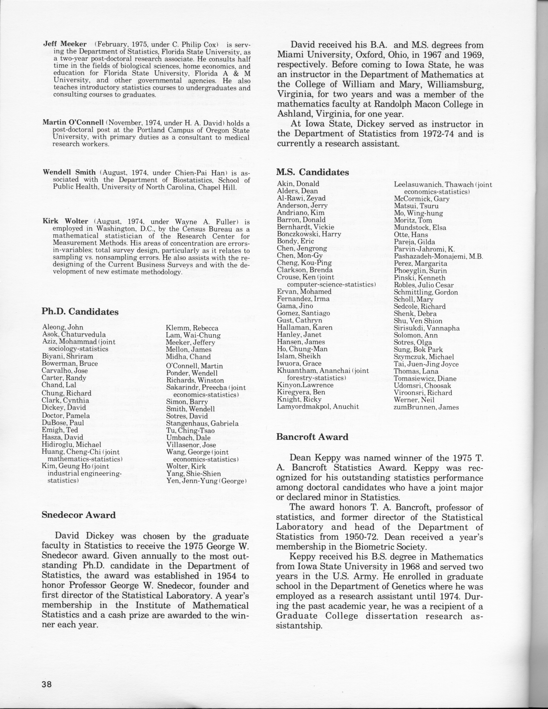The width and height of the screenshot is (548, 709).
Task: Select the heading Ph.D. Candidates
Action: coord(80,312)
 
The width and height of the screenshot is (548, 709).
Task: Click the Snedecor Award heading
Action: coord(79,515)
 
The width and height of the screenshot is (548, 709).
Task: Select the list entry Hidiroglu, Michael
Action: coord(71,444)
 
